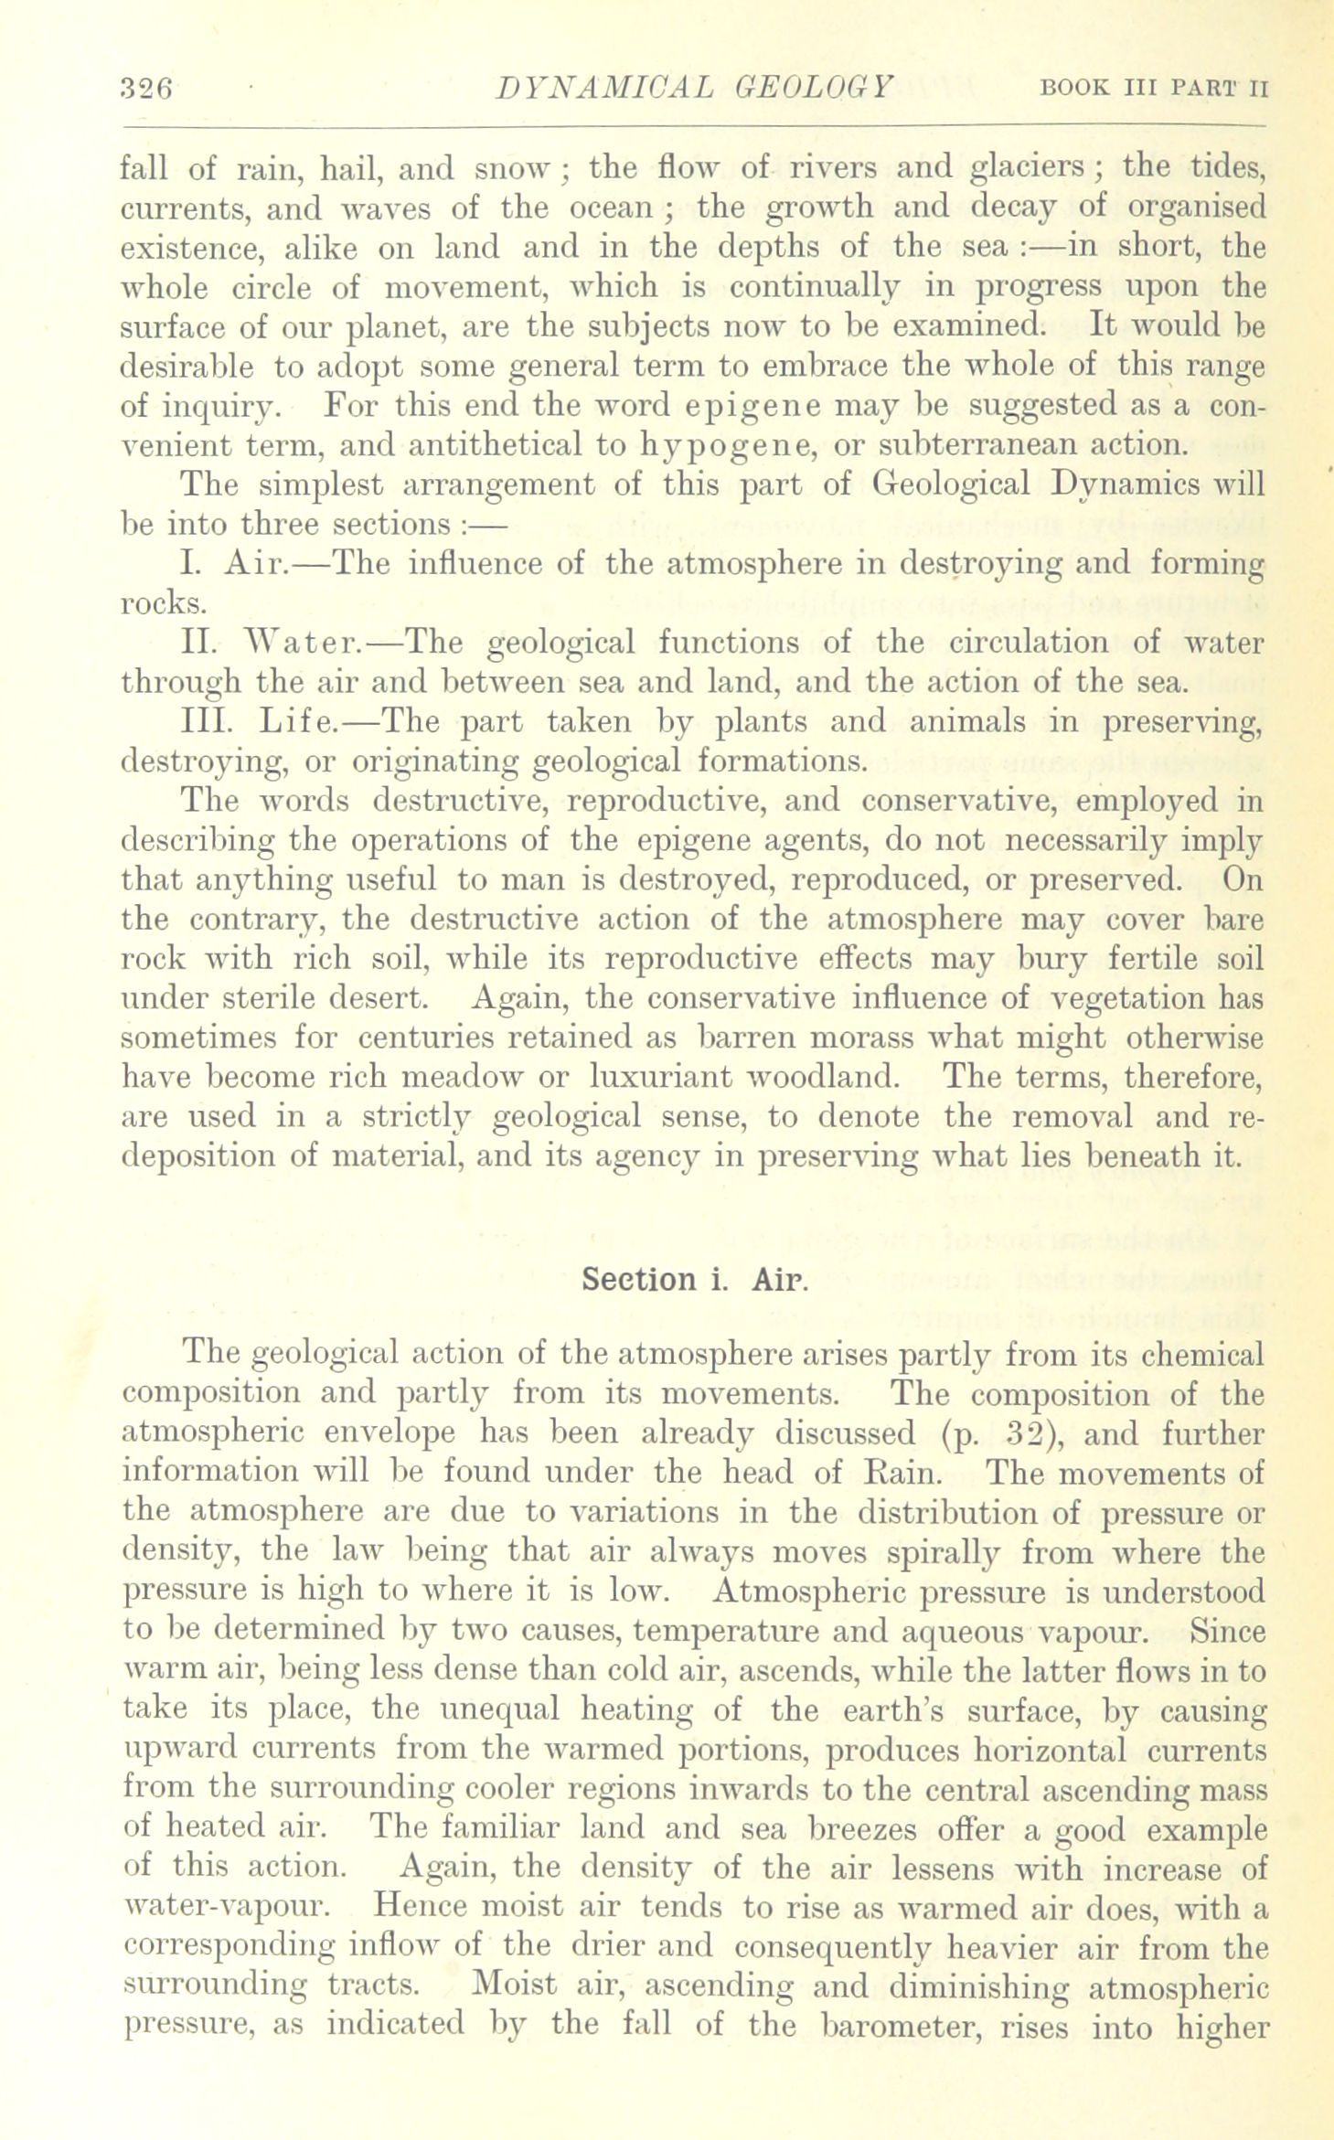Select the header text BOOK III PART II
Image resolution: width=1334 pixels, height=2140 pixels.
click(1155, 90)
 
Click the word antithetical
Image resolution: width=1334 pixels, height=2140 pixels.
click(514, 445)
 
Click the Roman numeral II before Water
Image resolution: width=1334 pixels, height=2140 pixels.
click(198, 643)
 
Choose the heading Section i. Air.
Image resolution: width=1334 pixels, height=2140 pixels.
click(695, 1278)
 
